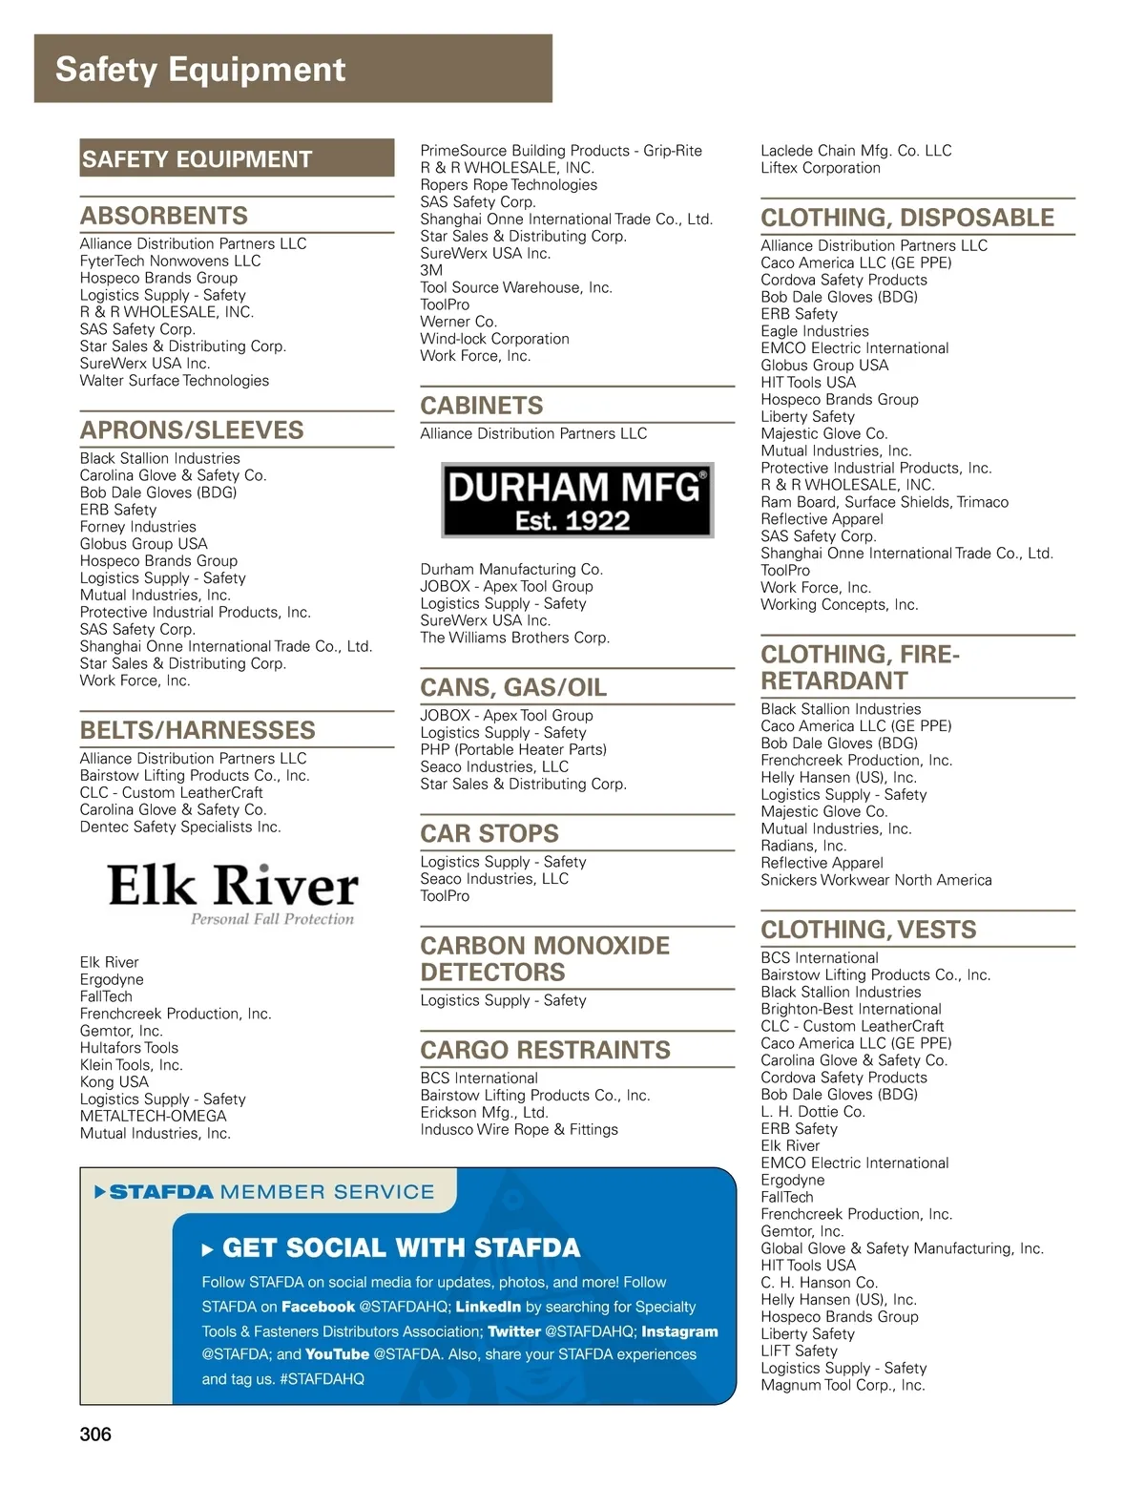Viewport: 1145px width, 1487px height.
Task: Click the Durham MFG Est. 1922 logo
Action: (577, 500)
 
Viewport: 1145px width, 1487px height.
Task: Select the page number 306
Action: (95, 1435)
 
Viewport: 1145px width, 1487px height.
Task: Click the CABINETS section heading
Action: (482, 406)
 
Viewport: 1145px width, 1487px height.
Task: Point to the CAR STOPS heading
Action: (489, 833)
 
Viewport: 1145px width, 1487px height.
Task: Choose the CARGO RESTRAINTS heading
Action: (545, 1050)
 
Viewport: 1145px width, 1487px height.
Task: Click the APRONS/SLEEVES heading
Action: (192, 430)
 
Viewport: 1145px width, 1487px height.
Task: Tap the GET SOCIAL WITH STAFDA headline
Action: (401, 1248)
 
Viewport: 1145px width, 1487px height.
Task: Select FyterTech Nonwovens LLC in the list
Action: (170, 261)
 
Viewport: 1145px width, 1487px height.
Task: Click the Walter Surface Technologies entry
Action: (175, 381)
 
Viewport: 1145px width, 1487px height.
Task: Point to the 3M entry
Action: (431, 270)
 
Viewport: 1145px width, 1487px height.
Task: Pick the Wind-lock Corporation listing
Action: (494, 339)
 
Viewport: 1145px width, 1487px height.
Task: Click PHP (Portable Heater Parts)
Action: (513, 749)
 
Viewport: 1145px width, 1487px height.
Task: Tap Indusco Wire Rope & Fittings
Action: (519, 1129)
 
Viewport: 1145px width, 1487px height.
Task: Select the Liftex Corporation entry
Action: (821, 168)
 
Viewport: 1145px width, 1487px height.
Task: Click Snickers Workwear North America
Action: (876, 880)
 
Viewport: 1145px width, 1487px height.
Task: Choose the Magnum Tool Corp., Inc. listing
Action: (843, 1385)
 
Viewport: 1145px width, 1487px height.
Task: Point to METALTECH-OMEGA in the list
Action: (154, 1116)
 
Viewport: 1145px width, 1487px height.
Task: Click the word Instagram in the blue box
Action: (679, 1331)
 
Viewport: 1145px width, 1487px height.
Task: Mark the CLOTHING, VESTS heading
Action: (868, 930)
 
